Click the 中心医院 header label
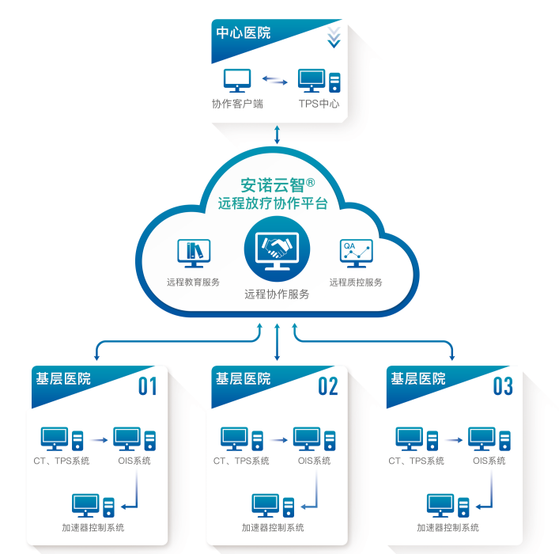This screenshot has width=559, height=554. click(x=244, y=33)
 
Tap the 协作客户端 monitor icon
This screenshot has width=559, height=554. click(x=237, y=79)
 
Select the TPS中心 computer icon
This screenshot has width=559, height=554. click(x=319, y=80)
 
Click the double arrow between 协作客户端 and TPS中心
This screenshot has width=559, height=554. click(x=275, y=79)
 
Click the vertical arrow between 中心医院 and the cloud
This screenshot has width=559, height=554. click(x=277, y=133)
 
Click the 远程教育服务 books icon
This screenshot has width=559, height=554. click(x=194, y=252)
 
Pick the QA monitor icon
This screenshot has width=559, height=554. click(x=356, y=252)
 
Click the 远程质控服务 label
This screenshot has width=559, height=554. click(x=356, y=283)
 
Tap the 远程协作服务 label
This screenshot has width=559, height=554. click(x=277, y=294)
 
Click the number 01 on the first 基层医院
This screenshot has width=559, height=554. click(x=148, y=386)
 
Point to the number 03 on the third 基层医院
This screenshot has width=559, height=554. click(x=503, y=386)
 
